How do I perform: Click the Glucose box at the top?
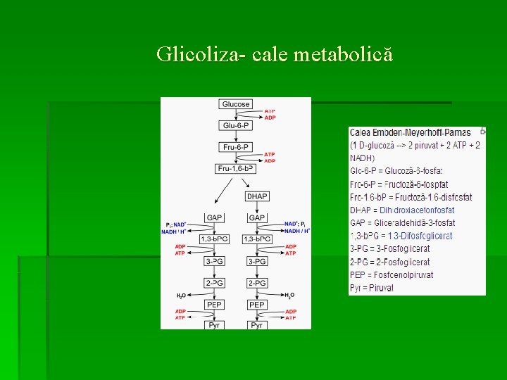[236, 104]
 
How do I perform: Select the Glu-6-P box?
[236, 125]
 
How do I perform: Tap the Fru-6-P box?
[236, 147]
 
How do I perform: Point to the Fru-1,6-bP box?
[236, 168]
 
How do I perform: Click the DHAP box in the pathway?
[257, 196]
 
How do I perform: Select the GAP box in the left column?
[215, 217]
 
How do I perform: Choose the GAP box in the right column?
[257, 217]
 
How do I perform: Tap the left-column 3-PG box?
[215, 261]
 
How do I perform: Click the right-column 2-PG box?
[257, 283]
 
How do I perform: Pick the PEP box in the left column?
[215, 305]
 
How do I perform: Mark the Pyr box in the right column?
[257, 325]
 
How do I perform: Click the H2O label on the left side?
[181, 296]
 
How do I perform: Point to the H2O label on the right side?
[290, 296]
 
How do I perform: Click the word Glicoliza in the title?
[197, 54]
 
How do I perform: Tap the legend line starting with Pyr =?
[372, 288]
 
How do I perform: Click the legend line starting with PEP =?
[392, 275]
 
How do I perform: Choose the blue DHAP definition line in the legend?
[402, 210]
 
